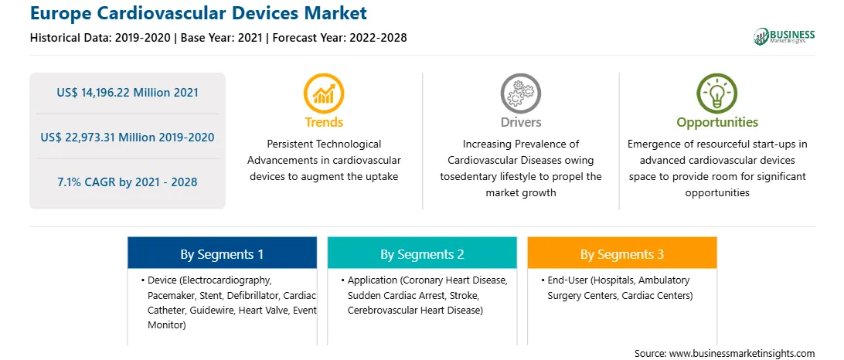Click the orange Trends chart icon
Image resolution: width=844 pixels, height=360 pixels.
[324, 93]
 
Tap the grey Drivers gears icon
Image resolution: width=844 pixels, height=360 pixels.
[520, 93]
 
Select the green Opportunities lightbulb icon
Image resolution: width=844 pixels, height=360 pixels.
[717, 93]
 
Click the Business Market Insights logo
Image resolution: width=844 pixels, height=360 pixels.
[784, 36]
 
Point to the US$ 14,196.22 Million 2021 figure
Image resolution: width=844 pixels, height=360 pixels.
[128, 93]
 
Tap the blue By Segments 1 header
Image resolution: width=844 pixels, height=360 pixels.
[222, 253]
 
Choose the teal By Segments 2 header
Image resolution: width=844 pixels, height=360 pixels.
[422, 253]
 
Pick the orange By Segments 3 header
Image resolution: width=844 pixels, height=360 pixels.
[621, 253]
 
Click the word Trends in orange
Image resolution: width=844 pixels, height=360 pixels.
[324, 122]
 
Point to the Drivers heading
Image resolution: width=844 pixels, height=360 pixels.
[521, 122]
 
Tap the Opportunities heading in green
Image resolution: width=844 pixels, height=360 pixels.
[717, 123]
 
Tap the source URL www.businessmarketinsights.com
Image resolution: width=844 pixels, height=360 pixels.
[742, 353]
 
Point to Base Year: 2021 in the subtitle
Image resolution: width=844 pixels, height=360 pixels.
[221, 38]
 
